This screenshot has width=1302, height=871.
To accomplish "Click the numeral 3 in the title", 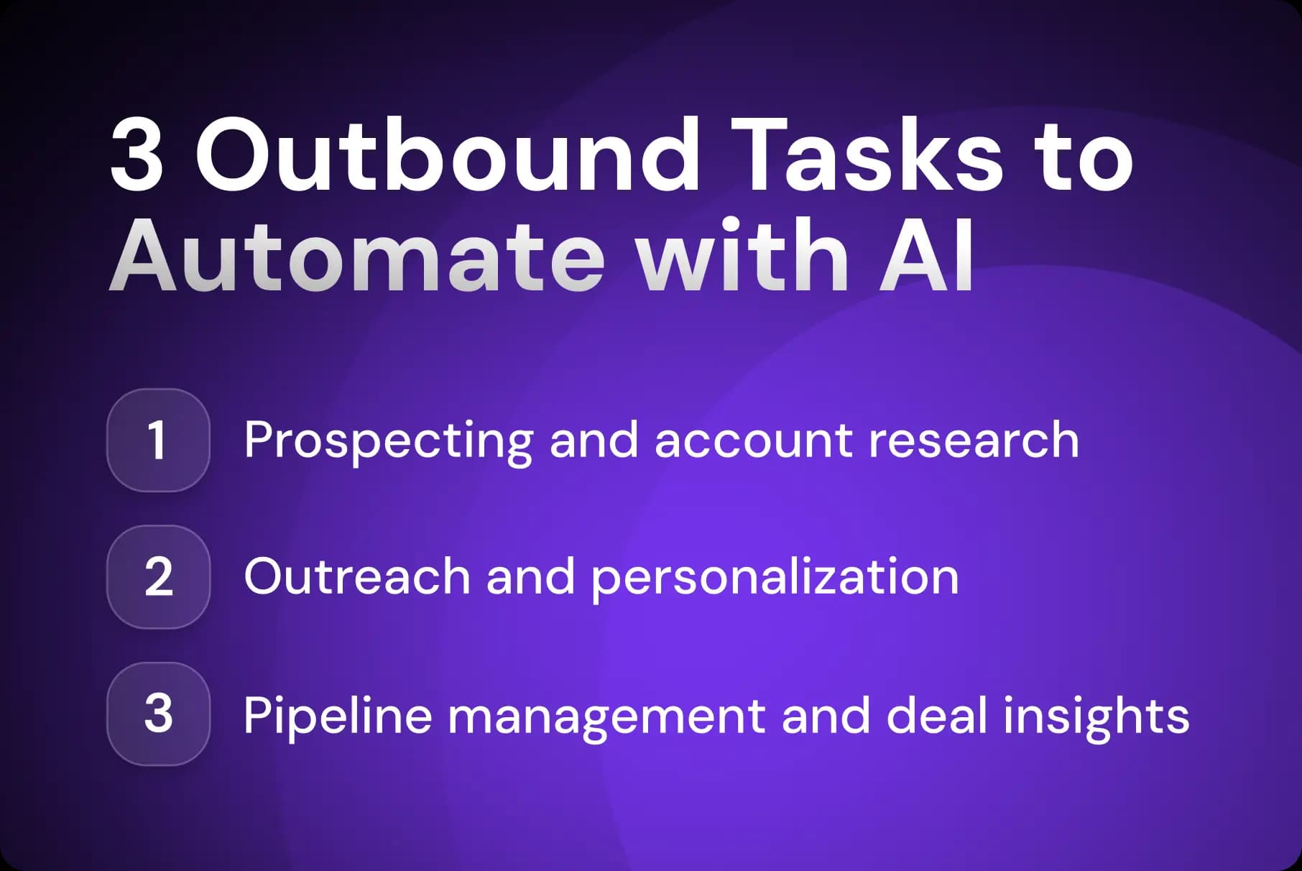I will click(x=137, y=157).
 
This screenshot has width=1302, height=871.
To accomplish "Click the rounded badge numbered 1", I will click(x=158, y=440).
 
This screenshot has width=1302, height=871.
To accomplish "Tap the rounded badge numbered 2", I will click(x=158, y=577).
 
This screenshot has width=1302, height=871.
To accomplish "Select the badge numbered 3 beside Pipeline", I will click(x=158, y=714).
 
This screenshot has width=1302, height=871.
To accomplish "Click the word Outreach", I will click(x=356, y=576).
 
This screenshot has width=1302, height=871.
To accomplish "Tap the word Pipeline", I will click(x=337, y=716).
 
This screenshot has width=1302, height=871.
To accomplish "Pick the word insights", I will click(x=1096, y=716).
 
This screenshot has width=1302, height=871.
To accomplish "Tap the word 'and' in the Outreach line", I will click(x=530, y=576).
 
